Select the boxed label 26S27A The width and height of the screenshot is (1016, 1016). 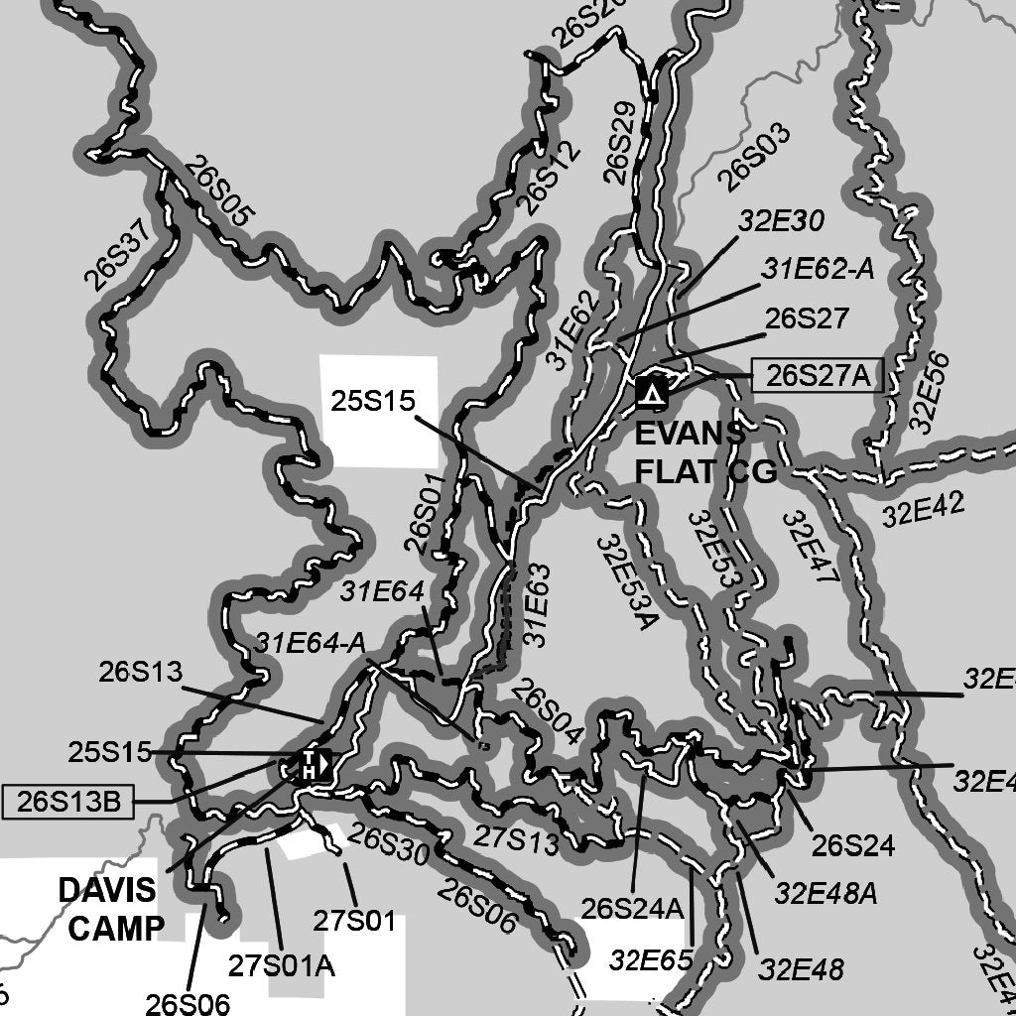[x=817, y=376]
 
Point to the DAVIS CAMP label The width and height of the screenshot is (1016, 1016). [x=107, y=908]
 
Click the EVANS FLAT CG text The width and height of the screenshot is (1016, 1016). [x=704, y=453]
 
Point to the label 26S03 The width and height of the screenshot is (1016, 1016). [x=754, y=158]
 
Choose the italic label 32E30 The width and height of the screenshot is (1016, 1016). [x=781, y=220]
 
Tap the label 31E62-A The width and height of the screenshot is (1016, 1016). [x=818, y=269]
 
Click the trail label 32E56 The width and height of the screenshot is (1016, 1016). [x=929, y=392]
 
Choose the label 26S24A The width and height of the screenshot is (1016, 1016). [x=633, y=907]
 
